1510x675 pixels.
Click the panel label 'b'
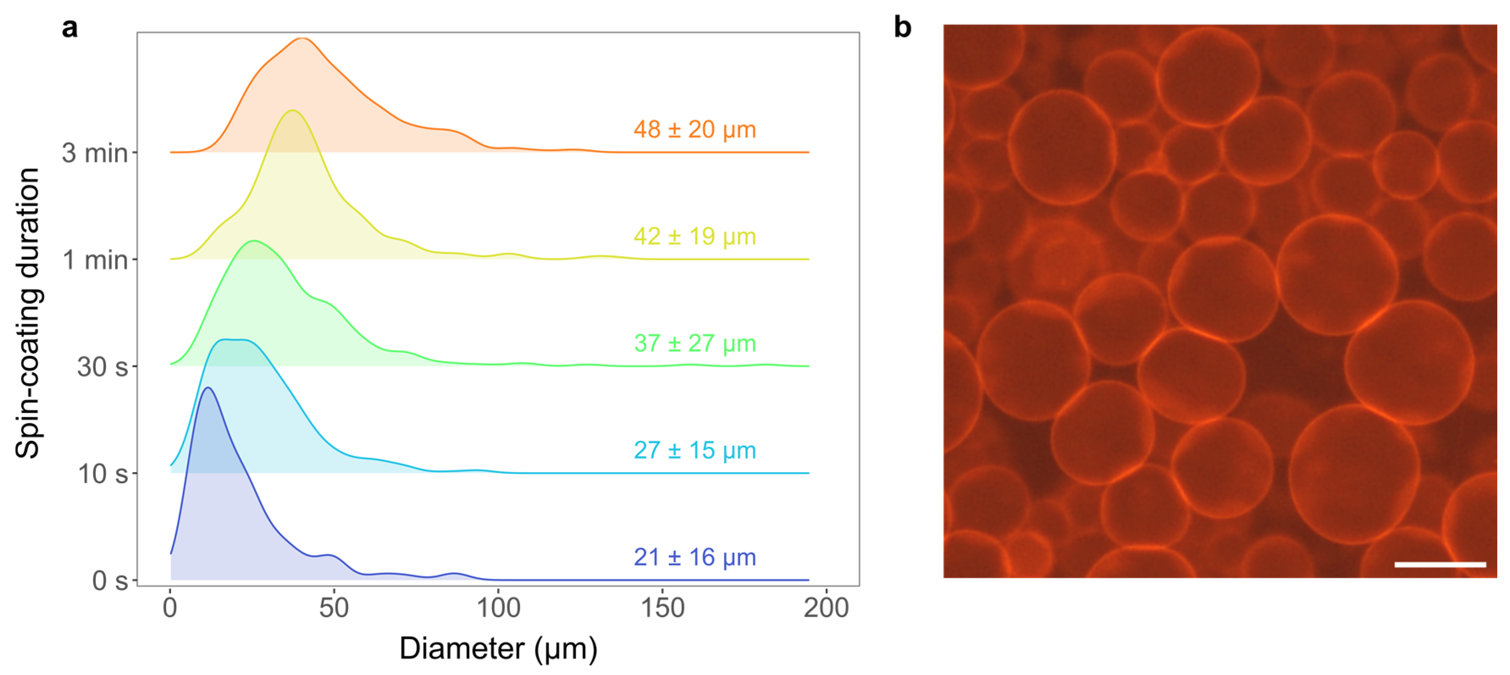tap(902, 28)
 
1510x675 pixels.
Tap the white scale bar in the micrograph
tap(1440, 565)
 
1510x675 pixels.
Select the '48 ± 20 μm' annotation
tap(695, 130)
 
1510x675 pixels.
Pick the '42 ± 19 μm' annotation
tap(695, 236)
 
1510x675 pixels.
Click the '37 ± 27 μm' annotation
tap(695, 343)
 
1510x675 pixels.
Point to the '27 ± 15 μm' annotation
tap(695, 451)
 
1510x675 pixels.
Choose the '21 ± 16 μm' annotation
tap(695, 557)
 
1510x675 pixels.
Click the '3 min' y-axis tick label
tap(95, 153)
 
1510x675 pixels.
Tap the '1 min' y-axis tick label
tap(95, 260)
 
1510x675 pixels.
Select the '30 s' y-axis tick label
tap(102, 367)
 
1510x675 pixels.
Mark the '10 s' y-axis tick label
tap(102, 474)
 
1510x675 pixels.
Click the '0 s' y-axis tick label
tap(110, 581)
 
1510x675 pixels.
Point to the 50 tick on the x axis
tap(334, 608)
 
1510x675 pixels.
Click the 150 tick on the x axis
tap(663, 608)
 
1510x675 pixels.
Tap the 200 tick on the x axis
tap(826, 608)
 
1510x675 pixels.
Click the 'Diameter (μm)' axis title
tap(498, 649)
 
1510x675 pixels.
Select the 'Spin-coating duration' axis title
tap(28, 313)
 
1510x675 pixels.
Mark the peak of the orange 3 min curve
tap(301, 38)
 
